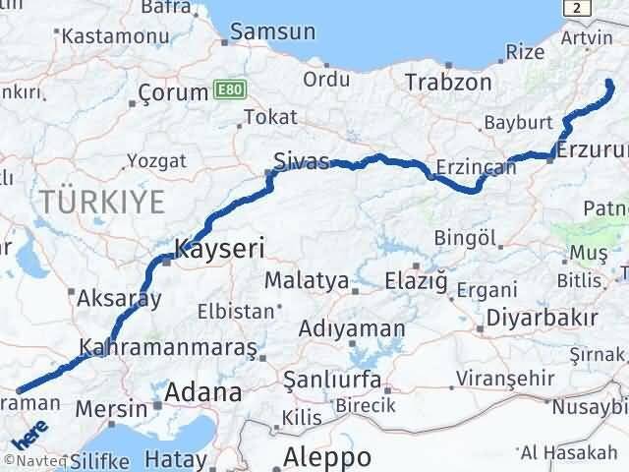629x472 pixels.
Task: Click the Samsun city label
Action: tap(273, 31)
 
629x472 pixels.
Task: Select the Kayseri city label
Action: tap(220, 250)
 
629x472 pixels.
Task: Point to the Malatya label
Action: tap(307, 281)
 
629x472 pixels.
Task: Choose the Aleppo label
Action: tap(327, 457)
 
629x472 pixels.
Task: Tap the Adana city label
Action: tap(202, 393)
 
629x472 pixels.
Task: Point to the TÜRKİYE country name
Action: tap(102, 204)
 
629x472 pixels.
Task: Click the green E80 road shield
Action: tap(225, 91)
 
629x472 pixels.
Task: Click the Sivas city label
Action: tap(301, 160)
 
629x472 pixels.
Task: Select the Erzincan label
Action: tap(476, 167)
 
